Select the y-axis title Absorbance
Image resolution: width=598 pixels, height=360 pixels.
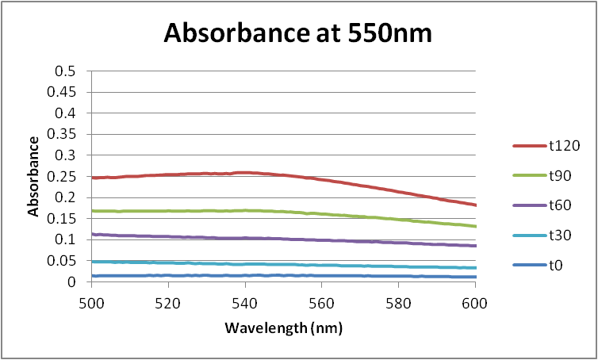click(34, 176)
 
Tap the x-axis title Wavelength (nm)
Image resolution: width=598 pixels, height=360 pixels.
click(283, 326)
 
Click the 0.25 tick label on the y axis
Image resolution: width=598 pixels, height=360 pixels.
click(63, 176)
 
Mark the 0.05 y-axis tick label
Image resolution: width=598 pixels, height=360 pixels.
click(63, 260)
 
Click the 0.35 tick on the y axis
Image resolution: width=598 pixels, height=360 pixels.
click(63, 134)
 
